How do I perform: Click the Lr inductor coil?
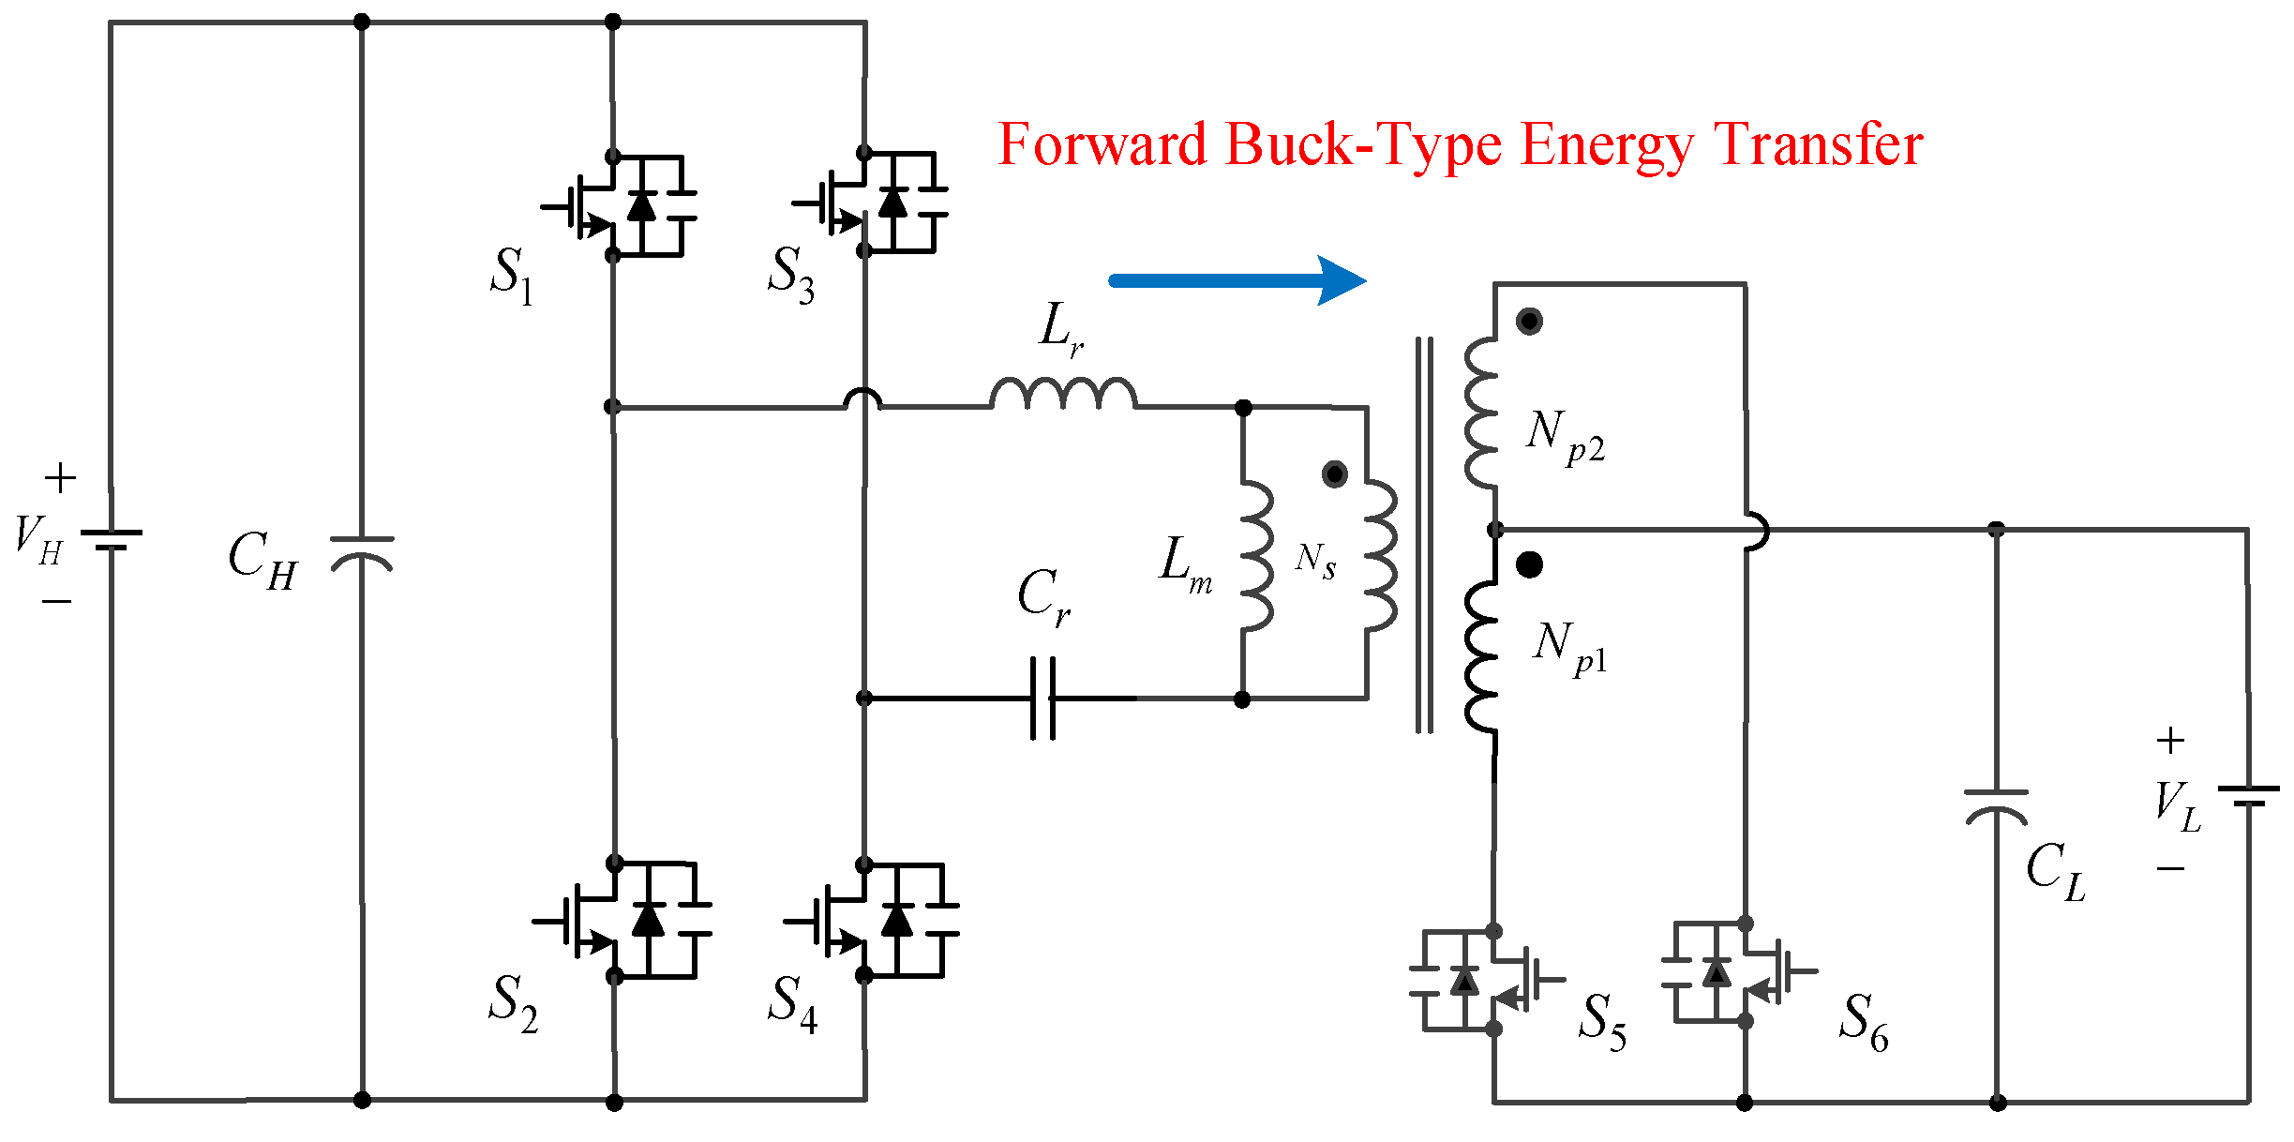tap(1063, 393)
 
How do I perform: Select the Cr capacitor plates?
tap(1042, 699)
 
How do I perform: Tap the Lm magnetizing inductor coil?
tap(1256, 556)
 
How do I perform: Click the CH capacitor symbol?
tap(362, 553)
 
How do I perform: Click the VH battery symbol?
tap(112, 538)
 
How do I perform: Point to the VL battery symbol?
tap(2247, 795)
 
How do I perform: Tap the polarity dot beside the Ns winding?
tap(1335, 473)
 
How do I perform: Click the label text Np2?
tap(1565, 435)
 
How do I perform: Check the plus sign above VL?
tap(2169, 741)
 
